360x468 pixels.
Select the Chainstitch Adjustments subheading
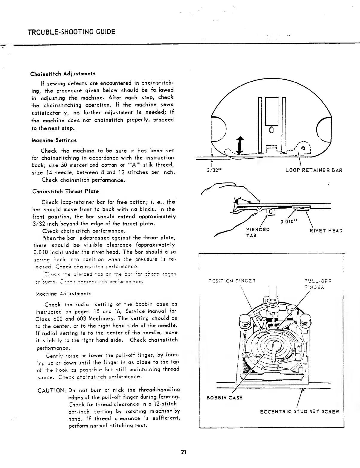pyautogui.click(x=63, y=74)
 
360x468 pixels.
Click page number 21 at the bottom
pyautogui.click(x=184, y=452)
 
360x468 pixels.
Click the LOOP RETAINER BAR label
pyautogui.click(x=314, y=170)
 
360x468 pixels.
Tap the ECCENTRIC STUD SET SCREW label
pyautogui.click(x=300, y=411)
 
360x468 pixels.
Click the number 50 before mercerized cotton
pyautogui.click(x=63, y=165)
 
